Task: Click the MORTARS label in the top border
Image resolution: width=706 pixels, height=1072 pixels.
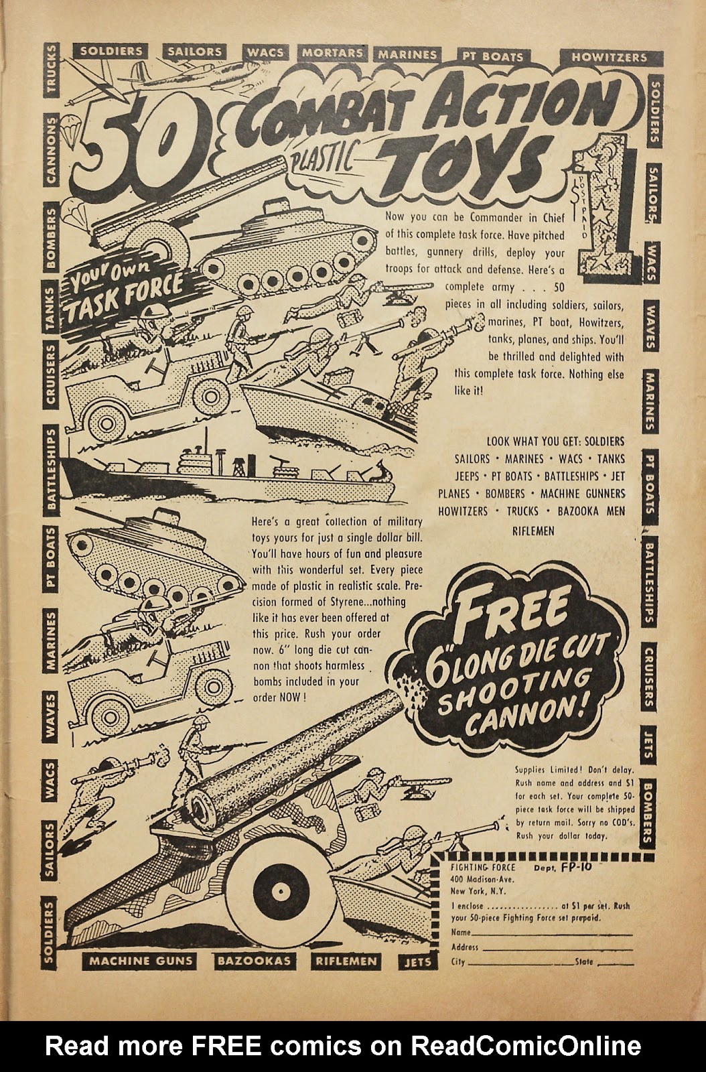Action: pos(332,53)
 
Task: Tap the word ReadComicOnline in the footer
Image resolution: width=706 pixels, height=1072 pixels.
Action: pos(526,1046)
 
